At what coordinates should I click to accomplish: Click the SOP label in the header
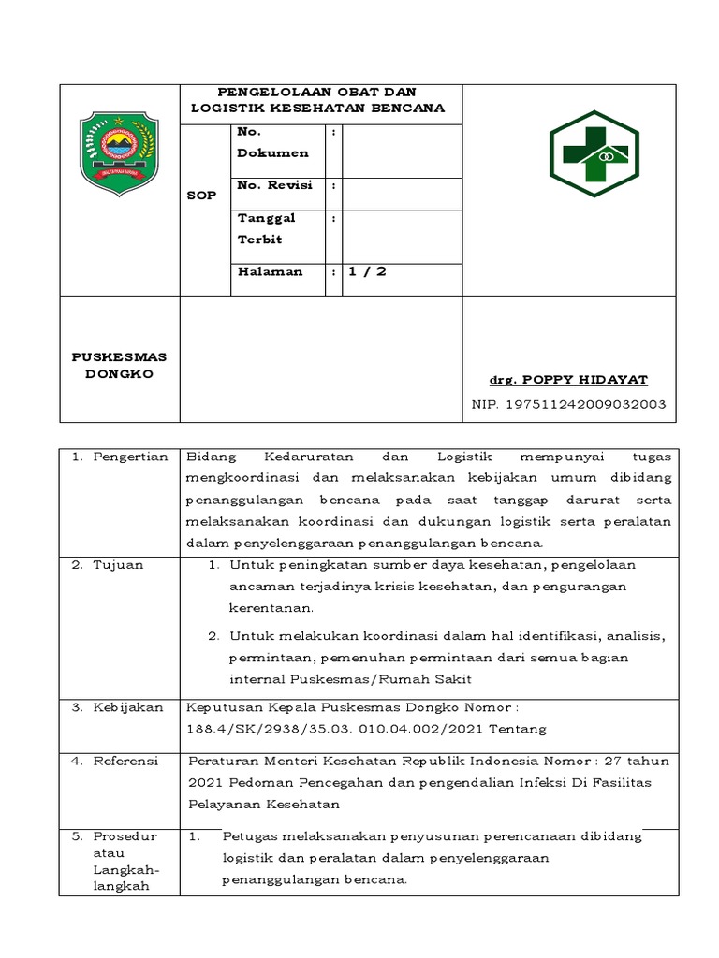202,196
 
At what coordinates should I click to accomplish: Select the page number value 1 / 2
367,271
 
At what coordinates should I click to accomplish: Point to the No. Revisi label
274,185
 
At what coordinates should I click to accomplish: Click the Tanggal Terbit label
267,228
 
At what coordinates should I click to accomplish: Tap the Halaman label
270,271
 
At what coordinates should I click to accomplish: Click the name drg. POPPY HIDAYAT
568,379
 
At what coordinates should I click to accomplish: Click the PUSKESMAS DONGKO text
119,366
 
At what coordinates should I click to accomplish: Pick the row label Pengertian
130,457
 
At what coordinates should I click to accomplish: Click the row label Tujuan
118,565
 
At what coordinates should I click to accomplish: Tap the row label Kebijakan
127,707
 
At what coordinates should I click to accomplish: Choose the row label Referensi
125,761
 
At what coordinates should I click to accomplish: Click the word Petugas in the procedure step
250,835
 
